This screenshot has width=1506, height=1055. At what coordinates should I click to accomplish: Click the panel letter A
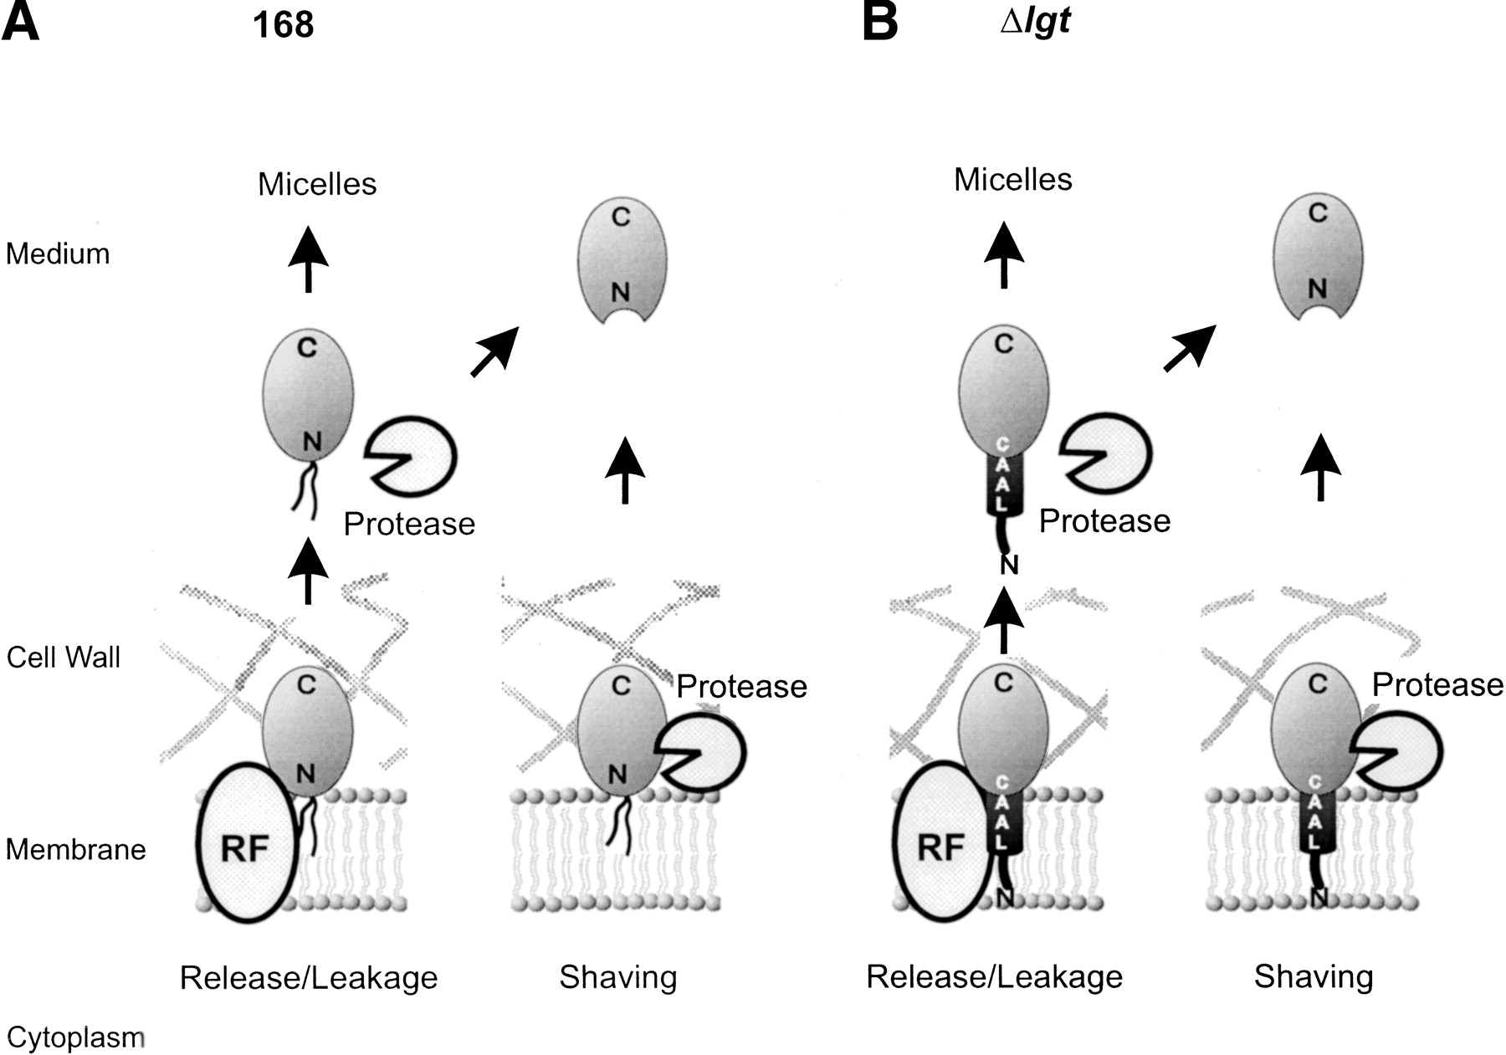pyautogui.click(x=20, y=23)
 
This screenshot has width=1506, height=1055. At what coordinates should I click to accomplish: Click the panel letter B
pyautogui.click(x=880, y=23)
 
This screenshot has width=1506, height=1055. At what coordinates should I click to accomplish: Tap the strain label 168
pyautogui.click(x=283, y=25)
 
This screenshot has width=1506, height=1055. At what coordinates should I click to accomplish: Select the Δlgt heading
pyautogui.click(x=1035, y=20)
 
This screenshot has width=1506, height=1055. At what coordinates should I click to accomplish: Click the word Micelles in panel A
pyautogui.click(x=317, y=184)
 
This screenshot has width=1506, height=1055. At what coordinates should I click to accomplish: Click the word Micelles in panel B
pyautogui.click(x=1012, y=179)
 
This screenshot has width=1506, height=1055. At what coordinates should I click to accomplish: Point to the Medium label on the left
pyautogui.click(x=58, y=254)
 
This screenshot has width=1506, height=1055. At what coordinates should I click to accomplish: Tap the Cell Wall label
pyautogui.click(x=64, y=658)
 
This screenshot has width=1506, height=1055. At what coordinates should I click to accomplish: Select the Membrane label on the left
pyautogui.click(x=76, y=850)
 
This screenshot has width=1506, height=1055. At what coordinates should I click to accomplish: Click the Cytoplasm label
pyautogui.click(x=75, y=1037)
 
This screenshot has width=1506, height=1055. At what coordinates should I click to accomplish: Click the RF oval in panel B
pyautogui.click(x=942, y=842)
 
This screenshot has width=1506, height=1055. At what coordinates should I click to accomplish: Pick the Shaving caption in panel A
pyautogui.click(x=618, y=977)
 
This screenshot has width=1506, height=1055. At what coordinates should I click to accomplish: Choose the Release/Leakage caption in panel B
pyautogui.click(x=994, y=976)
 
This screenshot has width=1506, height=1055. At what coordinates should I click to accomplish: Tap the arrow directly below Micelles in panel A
pyautogui.click(x=309, y=259)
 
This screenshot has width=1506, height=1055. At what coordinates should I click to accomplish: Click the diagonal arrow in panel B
pyautogui.click(x=1189, y=348)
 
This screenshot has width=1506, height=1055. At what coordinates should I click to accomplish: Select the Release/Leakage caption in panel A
pyautogui.click(x=309, y=977)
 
